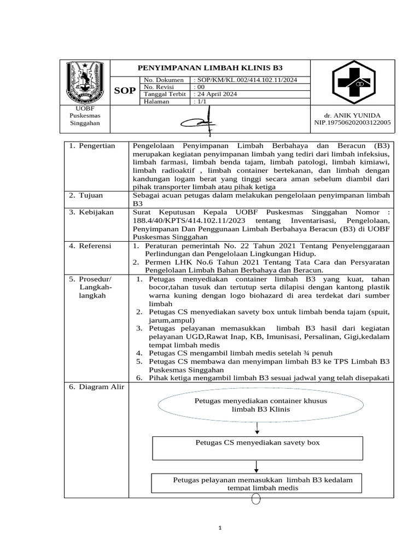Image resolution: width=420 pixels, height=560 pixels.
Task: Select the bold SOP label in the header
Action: pyautogui.click(x=125, y=91)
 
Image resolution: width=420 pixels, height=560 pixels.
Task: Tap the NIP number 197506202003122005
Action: pyautogui.click(x=352, y=123)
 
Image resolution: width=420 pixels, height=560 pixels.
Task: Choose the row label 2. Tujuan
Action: pyautogui.click(x=85, y=195)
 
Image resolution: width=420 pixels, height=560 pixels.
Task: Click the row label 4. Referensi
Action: pyautogui.click(x=90, y=246)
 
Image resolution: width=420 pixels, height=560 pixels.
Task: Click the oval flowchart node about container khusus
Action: pyautogui.click(x=261, y=405)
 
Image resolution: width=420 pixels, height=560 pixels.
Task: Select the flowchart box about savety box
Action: pyautogui.click(x=257, y=448)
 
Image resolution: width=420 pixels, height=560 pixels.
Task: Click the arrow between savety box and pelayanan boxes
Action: pyautogui.click(x=256, y=466)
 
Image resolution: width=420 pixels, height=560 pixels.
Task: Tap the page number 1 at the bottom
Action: pyautogui.click(x=219, y=528)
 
